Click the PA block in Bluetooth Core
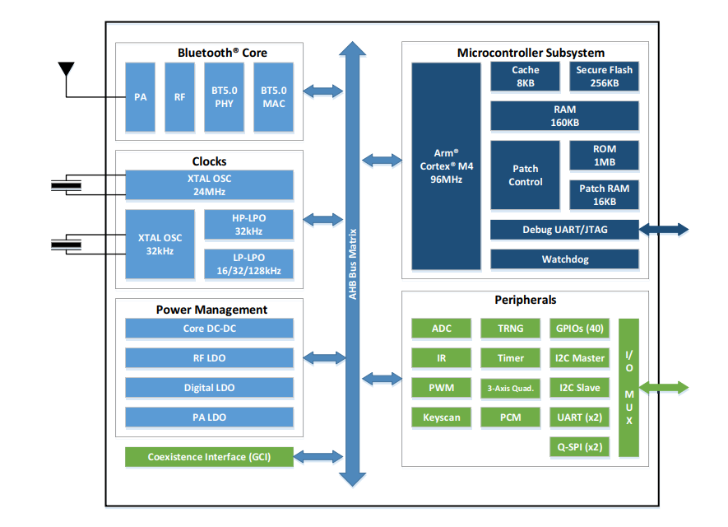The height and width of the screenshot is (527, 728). click(x=140, y=97)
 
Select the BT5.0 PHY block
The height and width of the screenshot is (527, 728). click(x=225, y=97)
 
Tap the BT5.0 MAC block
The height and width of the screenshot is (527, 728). click(x=273, y=97)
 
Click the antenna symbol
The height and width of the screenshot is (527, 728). click(x=66, y=69)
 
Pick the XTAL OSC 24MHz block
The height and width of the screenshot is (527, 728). click(x=209, y=185)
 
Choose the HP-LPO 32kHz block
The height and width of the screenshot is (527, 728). click(x=248, y=224)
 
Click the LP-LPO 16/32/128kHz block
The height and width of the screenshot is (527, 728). click(x=248, y=263)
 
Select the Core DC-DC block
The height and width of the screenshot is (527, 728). click(x=209, y=329)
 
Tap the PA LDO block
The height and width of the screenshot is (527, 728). click(x=209, y=417)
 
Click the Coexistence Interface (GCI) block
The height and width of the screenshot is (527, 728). click(x=209, y=457)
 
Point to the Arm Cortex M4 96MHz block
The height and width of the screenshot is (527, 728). click(x=446, y=166)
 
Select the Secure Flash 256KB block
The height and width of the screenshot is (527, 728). click(x=604, y=77)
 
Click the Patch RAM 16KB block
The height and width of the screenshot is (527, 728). click(x=604, y=195)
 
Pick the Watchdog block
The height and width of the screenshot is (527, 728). click(x=564, y=259)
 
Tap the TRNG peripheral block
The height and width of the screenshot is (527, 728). click(x=510, y=329)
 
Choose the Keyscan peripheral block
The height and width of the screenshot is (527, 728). click(x=442, y=417)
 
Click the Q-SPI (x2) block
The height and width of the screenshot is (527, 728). click(x=579, y=447)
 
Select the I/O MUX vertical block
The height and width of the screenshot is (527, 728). click(x=629, y=388)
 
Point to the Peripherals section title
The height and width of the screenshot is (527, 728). click(x=525, y=301)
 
